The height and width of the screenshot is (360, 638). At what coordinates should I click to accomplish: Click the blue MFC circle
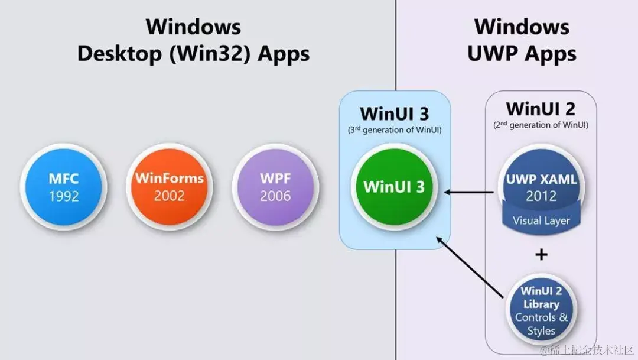63,187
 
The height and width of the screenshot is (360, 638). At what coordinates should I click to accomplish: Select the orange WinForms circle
170,187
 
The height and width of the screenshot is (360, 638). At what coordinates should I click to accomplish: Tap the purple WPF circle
275,187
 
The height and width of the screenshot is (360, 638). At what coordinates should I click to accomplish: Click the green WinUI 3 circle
394,187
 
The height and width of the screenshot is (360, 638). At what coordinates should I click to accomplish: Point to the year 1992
63,196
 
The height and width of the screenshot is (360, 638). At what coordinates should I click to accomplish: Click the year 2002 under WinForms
170,196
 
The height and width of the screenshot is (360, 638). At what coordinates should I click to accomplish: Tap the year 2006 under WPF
275,196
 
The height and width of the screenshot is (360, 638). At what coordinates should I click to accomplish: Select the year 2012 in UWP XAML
541,196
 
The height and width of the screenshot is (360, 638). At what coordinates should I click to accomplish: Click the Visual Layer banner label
541,221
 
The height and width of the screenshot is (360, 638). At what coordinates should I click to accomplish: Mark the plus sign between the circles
541,255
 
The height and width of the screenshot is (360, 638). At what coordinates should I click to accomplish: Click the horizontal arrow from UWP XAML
470,192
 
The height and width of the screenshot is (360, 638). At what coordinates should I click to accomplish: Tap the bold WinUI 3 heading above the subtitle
394,113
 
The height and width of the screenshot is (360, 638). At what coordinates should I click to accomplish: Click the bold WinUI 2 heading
541,109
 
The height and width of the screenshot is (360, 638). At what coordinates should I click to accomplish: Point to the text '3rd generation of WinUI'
394,129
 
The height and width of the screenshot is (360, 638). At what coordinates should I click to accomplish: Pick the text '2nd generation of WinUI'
541,125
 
